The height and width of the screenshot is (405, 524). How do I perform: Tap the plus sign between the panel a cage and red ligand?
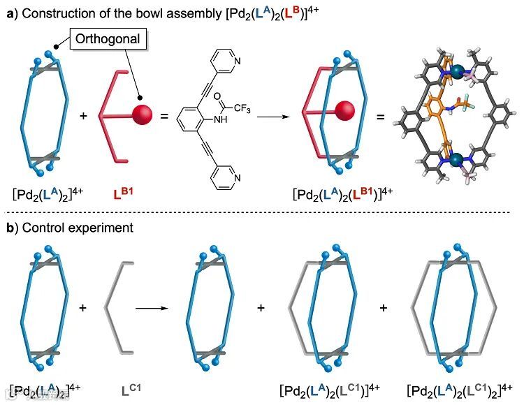point(84,115)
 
